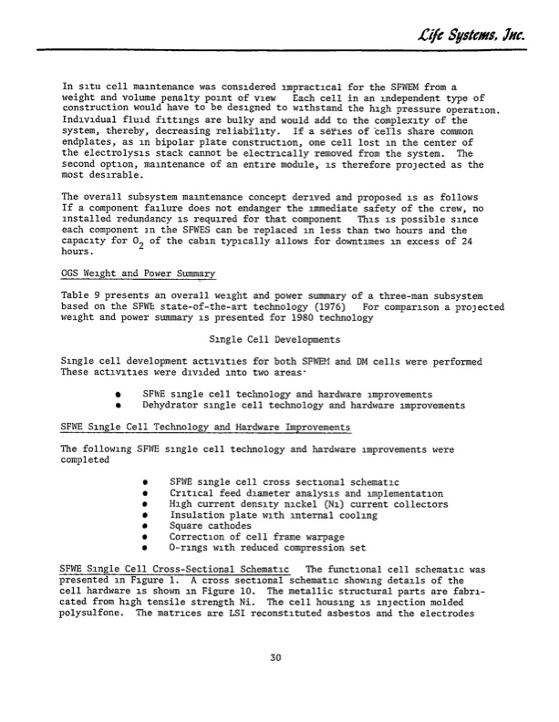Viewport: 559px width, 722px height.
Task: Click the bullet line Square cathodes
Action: (208, 526)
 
